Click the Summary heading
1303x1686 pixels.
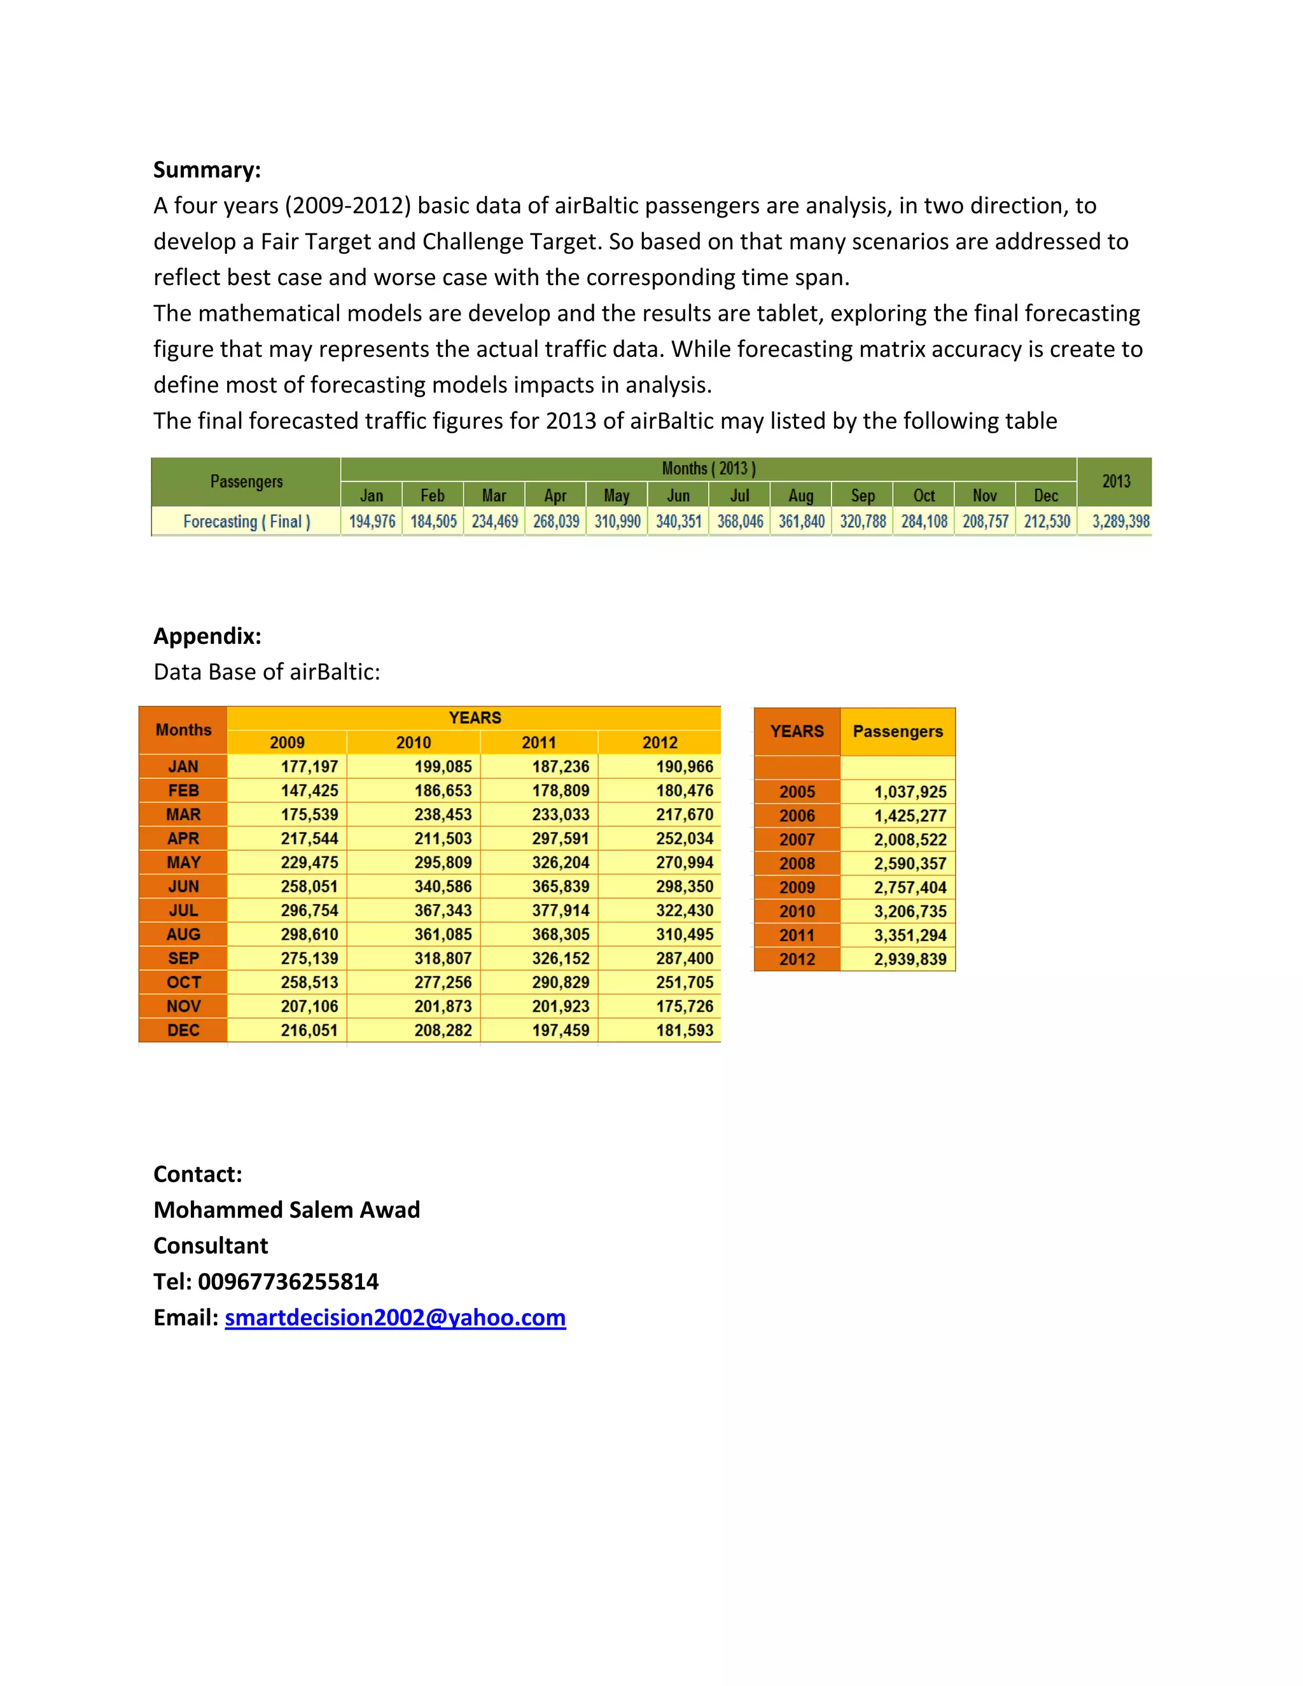coord(207,170)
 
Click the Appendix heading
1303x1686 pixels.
coord(207,636)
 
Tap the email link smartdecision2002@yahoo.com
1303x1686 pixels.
coord(394,1317)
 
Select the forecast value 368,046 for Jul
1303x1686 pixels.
coord(739,521)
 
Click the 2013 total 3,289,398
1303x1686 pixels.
coord(1120,521)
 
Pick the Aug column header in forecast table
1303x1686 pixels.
coord(800,496)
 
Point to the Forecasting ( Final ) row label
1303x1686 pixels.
coord(246,521)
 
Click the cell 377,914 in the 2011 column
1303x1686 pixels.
coord(560,910)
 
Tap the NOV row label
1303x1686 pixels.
coord(183,1006)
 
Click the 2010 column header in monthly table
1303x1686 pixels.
coord(413,742)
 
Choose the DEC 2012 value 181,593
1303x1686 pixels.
coord(684,1030)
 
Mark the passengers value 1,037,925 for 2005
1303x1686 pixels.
coord(909,791)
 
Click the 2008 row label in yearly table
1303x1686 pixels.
coord(797,863)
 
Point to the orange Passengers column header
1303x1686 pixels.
coord(897,731)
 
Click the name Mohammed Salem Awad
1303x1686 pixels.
coord(286,1209)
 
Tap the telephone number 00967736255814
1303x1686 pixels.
coord(288,1281)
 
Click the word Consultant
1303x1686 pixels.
coord(211,1245)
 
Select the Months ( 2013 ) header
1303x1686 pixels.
coord(708,469)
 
